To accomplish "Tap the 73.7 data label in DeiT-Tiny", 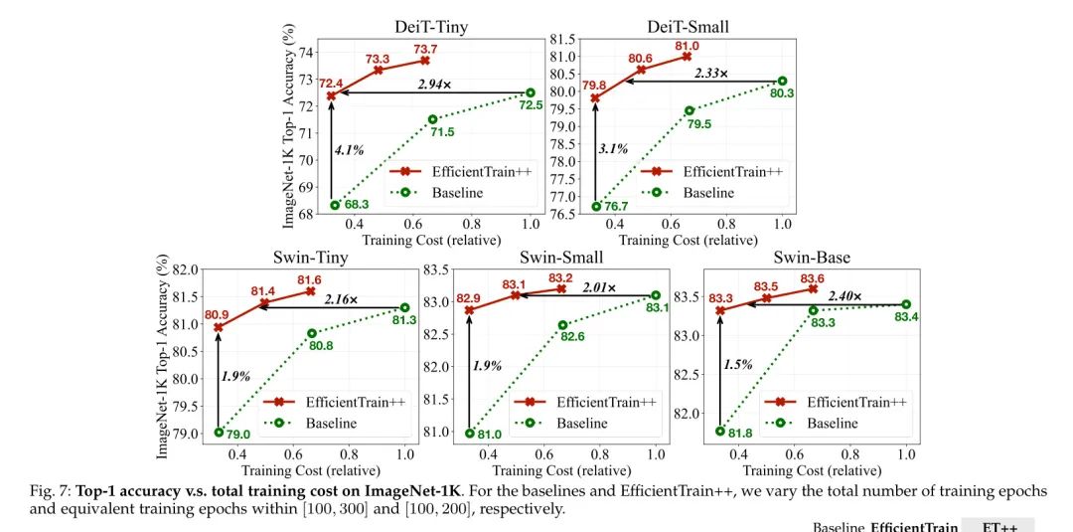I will (x=425, y=49).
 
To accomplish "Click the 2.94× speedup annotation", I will (x=434, y=85).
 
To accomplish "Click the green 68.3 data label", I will (x=357, y=205).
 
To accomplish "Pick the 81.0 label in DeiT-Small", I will (x=687, y=46).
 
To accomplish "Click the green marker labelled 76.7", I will (x=595, y=206).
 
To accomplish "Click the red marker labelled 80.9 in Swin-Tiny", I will (x=219, y=327).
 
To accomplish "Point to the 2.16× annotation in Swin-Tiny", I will (x=344, y=297).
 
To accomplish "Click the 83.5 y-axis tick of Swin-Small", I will (x=437, y=268).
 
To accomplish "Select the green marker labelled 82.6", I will (x=562, y=324).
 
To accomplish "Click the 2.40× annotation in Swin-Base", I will (x=843, y=296).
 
